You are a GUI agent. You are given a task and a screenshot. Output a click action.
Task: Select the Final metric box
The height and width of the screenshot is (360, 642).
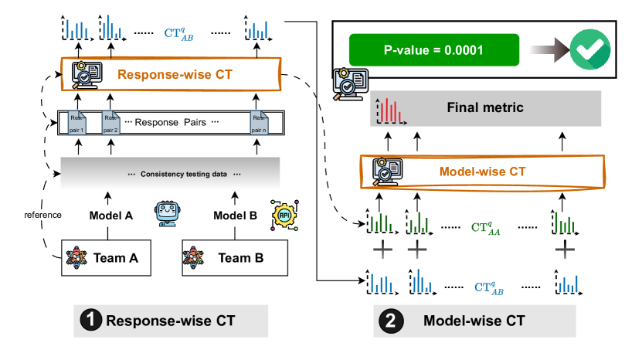click(484, 108)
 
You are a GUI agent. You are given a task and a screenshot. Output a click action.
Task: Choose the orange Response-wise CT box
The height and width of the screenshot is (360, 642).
click(170, 75)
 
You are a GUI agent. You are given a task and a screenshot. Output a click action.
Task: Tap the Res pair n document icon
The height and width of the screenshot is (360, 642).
click(260, 124)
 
